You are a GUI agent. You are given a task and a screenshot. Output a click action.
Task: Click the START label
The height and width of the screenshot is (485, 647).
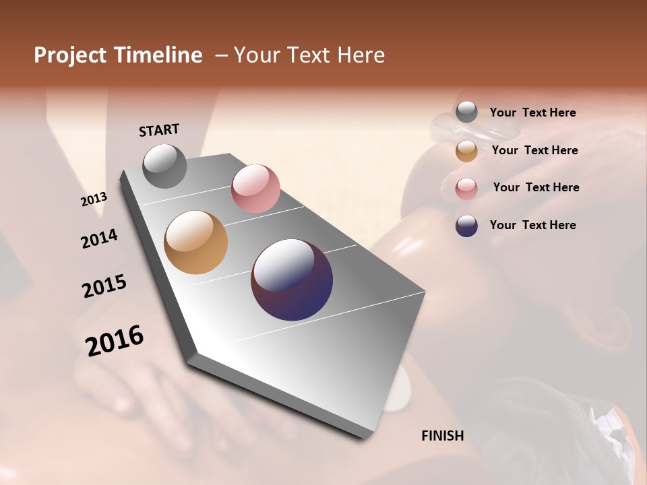pyautogui.click(x=159, y=130)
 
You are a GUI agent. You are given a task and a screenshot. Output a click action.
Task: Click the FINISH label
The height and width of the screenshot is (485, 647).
pyautogui.click(x=443, y=436)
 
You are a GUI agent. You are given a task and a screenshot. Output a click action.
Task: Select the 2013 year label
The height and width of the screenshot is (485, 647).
pyautogui.click(x=94, y=199)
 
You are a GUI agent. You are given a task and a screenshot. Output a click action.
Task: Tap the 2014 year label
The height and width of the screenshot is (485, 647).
pyautogui.click(x=100, y=238)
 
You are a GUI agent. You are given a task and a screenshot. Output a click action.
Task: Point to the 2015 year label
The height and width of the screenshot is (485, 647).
pyautogui.click(x=104, y=286)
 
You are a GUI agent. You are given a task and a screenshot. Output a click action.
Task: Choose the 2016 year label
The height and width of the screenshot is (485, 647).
pyautogui.click(x=115, y=341)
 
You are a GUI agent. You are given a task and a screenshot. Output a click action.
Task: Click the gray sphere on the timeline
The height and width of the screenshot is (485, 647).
pyautogui.click(x=165, y=166)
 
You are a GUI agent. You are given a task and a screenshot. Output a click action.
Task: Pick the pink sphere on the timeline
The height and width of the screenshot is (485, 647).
pyautogui.click(x=255, y=189)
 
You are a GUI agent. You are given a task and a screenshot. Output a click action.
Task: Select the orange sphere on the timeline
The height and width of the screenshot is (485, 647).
pyautogui.click(x=196, y=243)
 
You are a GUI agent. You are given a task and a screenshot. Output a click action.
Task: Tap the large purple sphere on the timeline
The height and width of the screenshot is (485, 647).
pyautogui.click(x=292, y=280)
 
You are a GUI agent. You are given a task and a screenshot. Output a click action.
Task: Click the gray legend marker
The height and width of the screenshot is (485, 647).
pyautogui.click(x=466, y=112)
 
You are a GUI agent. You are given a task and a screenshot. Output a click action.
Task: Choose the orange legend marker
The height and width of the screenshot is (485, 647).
pyautogui.click(x=466, y=151)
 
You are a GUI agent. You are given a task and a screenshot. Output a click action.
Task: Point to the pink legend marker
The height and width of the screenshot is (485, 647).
pyautogui.click(x=466, y=189)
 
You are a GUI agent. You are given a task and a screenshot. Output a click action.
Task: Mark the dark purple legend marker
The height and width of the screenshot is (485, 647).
pyautogui.click(x=466, y=226)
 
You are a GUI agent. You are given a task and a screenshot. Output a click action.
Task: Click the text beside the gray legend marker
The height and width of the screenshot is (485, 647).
pyautogui.click(x=532, y=113)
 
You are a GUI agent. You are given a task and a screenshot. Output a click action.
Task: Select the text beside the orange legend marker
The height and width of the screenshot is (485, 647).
pyautogui.click(x=534, y=150)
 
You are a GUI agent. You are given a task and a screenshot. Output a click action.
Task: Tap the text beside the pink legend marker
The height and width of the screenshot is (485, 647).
pyautogui.click(x=536, y=187)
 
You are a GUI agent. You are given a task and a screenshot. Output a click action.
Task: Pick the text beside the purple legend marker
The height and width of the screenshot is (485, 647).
pyautogui.click(x=532, y=225)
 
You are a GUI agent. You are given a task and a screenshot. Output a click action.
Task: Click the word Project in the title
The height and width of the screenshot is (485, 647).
pyautogui.click(x=70, y=55)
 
